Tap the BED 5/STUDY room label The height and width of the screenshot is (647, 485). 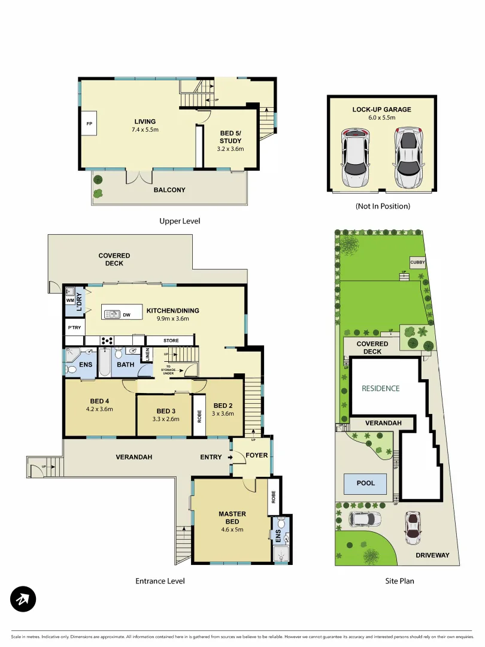pyautogui.click(x=231, y=137)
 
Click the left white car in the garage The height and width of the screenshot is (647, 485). pyautogui.click(x=354, y=159)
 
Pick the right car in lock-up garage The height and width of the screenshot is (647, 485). pyautogui.click(x=408, y=158)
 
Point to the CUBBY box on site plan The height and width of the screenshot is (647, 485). pyautogui.click(x=418, y=262)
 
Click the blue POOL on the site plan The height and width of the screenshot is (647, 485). pyautogui.click(x=366, y=483)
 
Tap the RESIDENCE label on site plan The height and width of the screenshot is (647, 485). pyautogui.click(x=380, y=388)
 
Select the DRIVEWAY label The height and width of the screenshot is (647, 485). pyautogui.click(x=432, y=555)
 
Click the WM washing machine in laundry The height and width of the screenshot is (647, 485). pyautogui.click(x=70, y=300)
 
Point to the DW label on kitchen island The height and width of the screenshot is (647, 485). pyautogui.click(x=126, y=314)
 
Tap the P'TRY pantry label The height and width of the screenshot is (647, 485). pyautogui.click(x=74, y=328)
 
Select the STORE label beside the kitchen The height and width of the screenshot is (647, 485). pyautogui.click(x=170, y=341)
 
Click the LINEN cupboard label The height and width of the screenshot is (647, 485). pyautogui.click(x=145, y=355)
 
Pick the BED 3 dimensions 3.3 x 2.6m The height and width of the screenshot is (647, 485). pyautogui.click(x=164, y=419)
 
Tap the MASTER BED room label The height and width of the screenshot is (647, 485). pyautogui.click(x=232, y=518)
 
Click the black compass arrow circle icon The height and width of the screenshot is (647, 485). pyautogui.click(x=23, y=598)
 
